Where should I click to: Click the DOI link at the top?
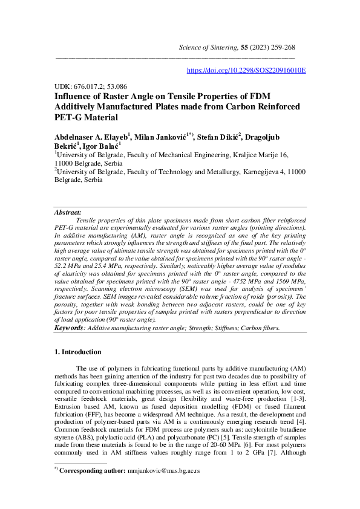tap(246, 71)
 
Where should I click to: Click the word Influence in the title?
tap(74, 97)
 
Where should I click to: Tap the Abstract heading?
tap(68, 213)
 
